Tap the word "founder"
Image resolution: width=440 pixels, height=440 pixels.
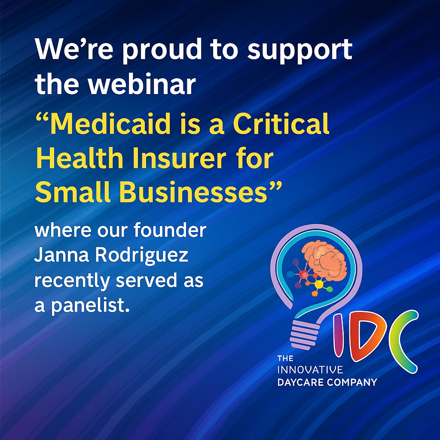pos(177,230)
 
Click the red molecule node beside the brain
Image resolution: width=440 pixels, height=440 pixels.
pos(304,275)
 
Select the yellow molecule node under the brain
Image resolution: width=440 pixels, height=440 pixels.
pos(318,284)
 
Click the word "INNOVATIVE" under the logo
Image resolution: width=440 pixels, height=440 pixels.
pos(310,370)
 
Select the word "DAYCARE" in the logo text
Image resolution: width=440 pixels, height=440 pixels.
pos(297,382)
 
